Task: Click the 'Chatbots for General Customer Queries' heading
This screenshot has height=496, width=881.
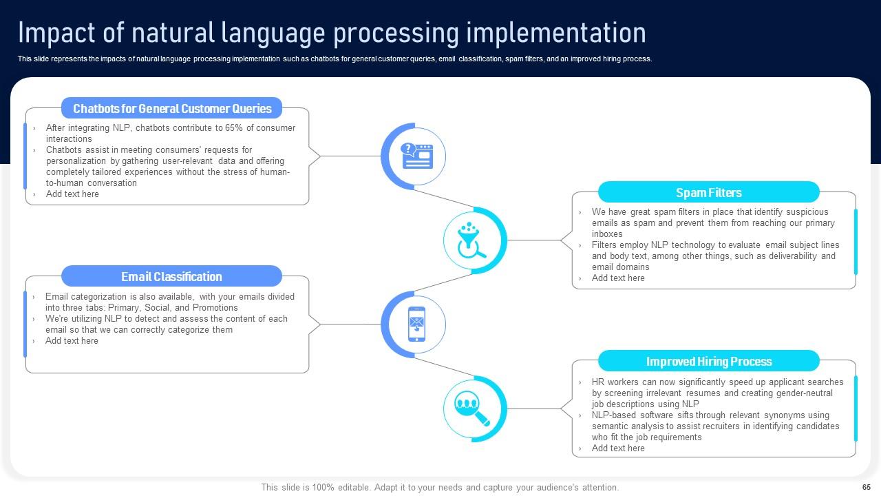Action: coord(172,108)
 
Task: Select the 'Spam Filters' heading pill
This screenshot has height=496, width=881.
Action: coord(708,193)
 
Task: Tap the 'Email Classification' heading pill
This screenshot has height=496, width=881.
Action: coord(171,277)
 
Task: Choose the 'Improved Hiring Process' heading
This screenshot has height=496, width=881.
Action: coord(708,362)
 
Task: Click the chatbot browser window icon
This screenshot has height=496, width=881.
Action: coord(416,156)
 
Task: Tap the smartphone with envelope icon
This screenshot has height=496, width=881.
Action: coord(416,324)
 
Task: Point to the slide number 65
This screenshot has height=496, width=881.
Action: coord(867,487)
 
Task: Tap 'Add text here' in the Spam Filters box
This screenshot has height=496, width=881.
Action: coord(618,278)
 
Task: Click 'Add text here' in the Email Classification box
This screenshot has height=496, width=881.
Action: coord(72,341)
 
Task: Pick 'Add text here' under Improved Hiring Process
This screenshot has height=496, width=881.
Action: coord(618,448)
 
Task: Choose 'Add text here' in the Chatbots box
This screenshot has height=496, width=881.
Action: coord(72,194)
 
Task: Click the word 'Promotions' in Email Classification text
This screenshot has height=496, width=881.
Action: coord(215,308)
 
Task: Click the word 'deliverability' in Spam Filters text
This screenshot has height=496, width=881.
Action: coord(792,256)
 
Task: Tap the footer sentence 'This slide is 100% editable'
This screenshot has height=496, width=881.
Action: coord(440,487)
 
